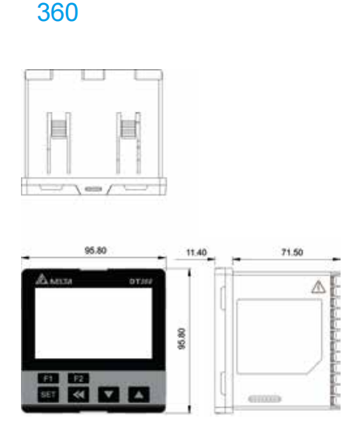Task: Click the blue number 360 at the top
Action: pyautogui.click(x=57, y=14)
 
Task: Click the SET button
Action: pyautogui.click(x=48, y=394)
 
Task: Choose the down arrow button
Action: pyautogui.click(x=109, y=394)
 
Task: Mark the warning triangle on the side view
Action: pyautogui.click(x=317, y=287)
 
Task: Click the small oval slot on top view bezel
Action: pyautogui.click(x=93, y=188)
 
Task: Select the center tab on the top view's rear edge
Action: pyautogui.click(x=93, y=76)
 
